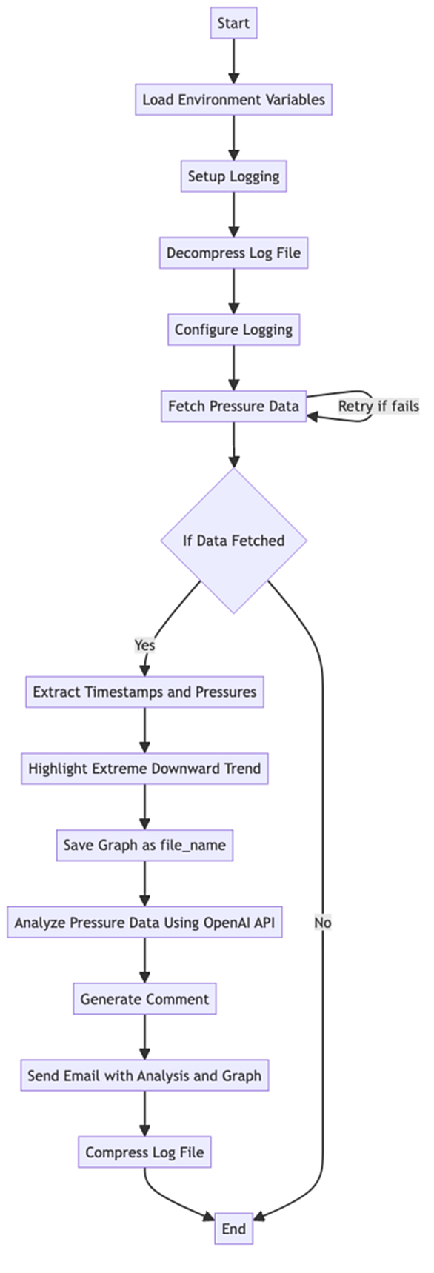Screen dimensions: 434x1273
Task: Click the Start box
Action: pyautogui.click(x=233, y=23)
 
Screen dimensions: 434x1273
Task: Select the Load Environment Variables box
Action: pyautogui.click(x=233, y=100)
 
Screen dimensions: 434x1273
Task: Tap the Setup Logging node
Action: pyautogui.click(x=233, y=176)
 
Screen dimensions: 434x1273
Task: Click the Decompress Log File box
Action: pyautogui.click(x=233, y=253)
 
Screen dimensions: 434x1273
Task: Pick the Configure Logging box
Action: pyautogui.click(x=233, y=330)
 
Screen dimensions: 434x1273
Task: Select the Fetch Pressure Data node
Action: pyautogui.click(x=233, y=407)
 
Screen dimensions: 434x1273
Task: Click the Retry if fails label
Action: pyautogui.click(x=378, y=406)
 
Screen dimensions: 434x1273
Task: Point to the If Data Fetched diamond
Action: pyautogui.click(x=233, y=541)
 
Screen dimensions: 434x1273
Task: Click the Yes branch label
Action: pyautogui.click(x=144, y=645)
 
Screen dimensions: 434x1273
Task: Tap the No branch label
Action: pyautogui.click(x=322, y=923)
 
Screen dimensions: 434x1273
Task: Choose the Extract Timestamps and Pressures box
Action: pyautogui.click(x=144, y=692)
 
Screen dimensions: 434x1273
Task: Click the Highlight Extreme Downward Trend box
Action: pyautogui.click(x=144, y=769)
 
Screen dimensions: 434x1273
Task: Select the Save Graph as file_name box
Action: pyautogui.click(x=144, y=846)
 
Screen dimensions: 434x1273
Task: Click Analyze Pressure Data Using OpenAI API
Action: pyautogui.click(x=144, y=923)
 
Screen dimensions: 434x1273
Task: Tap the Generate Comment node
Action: pyautogui.click(x=144, y=999)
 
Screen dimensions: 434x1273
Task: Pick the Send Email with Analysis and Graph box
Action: pyautogui.click(x=144, y=1076)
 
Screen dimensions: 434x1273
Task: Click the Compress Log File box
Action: pyautogui.click(x=144, y=1152)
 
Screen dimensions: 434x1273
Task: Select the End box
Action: pyautogui.click(x=233, y=1229)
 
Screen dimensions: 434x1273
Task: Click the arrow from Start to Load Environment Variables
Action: pyautogui.click(x=233, y=61)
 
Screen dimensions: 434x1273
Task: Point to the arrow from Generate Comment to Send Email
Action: pyautogui.click(x=144, y=1038)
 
